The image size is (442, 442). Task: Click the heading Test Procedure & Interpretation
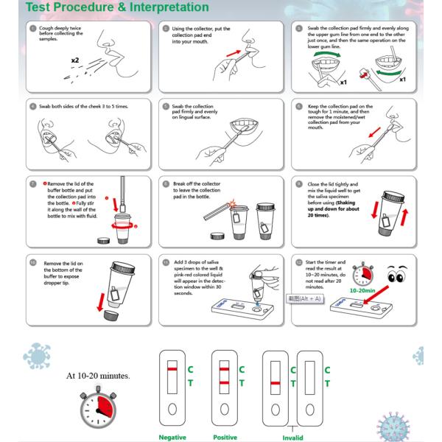107,8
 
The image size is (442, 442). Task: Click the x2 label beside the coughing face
76,59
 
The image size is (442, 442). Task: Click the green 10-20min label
365,290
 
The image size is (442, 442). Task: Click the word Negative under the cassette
173,437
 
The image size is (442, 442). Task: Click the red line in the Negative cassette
171,366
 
